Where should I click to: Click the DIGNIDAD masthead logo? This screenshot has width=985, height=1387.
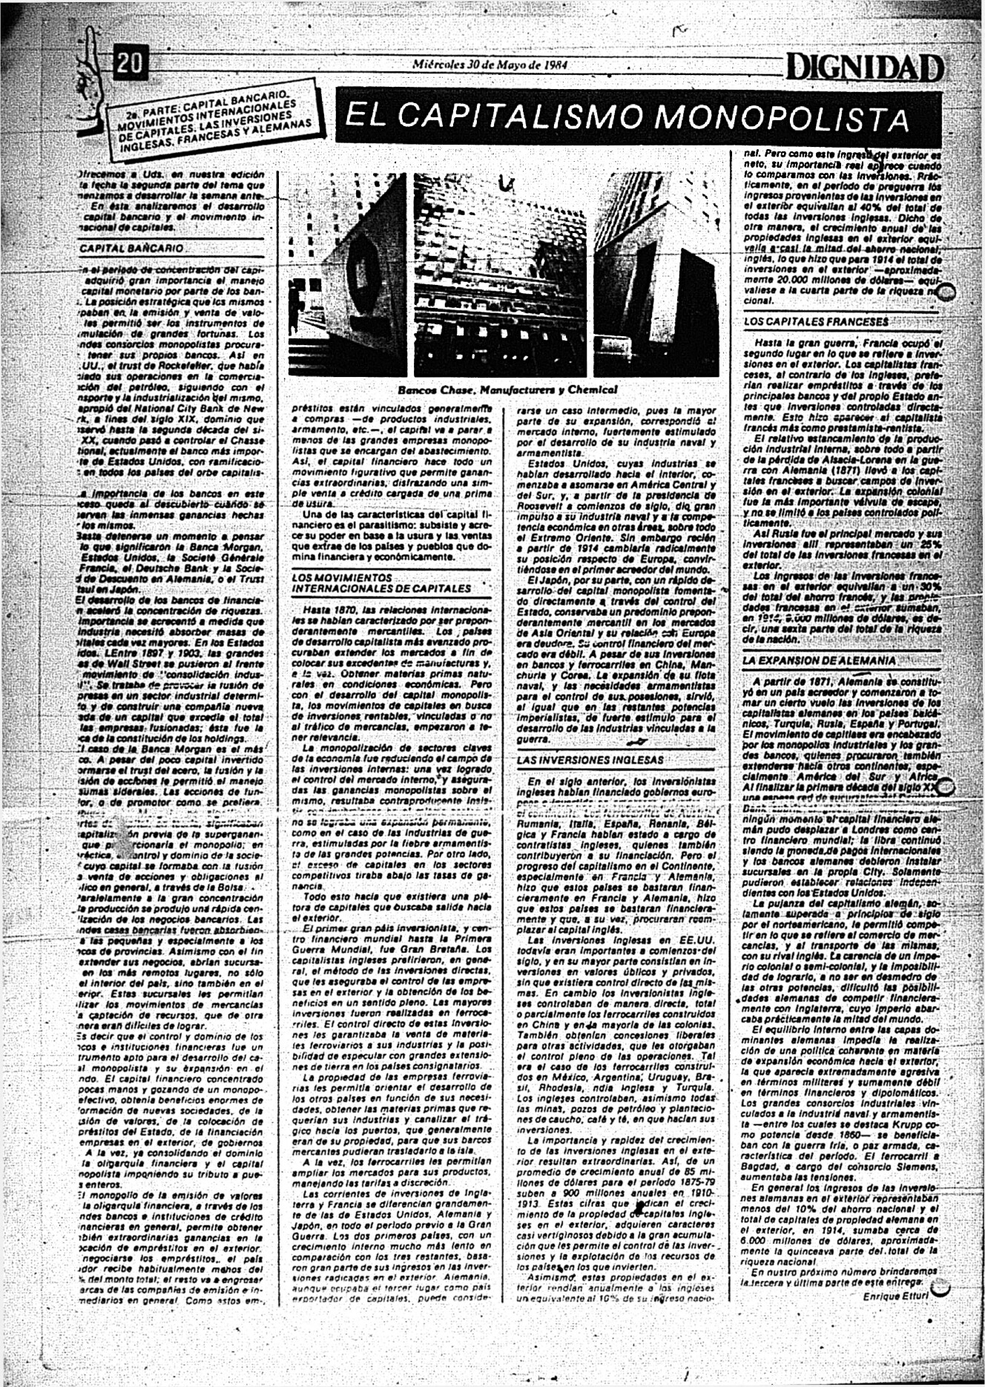[x=865, y=69]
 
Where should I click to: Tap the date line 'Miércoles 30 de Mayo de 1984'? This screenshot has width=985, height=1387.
[x=490, y=64]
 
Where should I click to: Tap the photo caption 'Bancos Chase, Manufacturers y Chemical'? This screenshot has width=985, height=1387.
[x=507, y=389]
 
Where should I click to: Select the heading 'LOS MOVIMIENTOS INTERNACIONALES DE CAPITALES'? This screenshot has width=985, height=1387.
[x=381, y=583]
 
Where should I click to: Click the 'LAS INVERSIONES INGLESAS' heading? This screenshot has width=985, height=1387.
[x=590, y=760]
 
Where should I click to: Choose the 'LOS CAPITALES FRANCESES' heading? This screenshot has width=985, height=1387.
[x=815, y=322]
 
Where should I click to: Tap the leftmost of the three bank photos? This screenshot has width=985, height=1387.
[x=347, y=274]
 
